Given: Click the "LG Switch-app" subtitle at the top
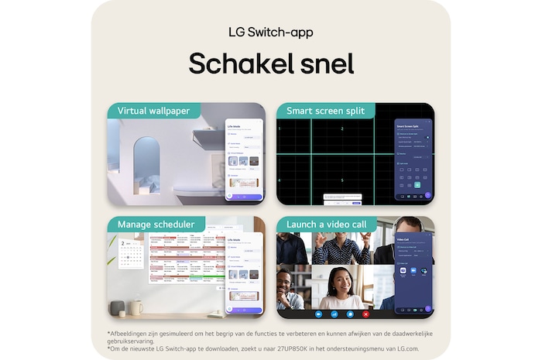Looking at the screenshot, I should point(270,33).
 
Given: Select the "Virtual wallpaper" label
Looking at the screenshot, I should point(153,111).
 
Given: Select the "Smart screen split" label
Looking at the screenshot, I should point(325,111).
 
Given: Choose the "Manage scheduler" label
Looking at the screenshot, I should point(156,225).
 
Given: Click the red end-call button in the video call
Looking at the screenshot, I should point(365,314).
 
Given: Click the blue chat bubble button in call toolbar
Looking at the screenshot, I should point(334,314).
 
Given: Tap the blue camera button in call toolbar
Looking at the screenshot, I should point(350,314).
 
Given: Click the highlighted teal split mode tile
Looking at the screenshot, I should point(417,185).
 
